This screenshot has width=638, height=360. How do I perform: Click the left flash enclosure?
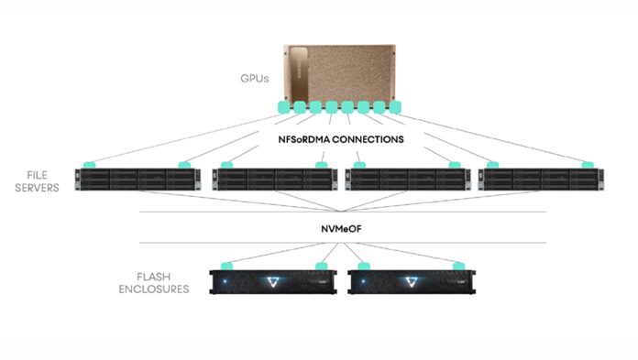coord(274,281)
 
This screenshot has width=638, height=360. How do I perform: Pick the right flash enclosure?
coord(409,281)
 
